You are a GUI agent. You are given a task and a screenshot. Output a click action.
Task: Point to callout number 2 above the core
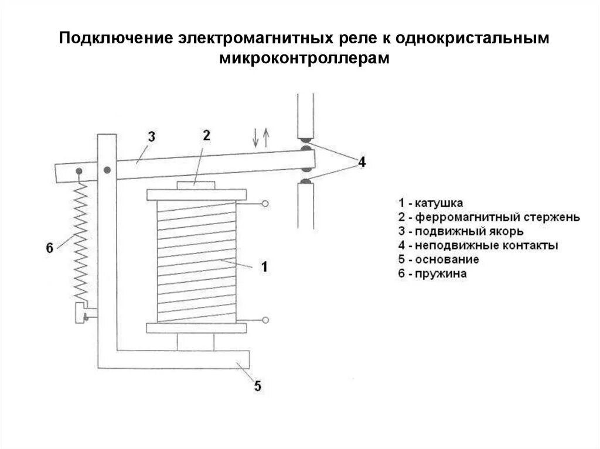tap(206, 135)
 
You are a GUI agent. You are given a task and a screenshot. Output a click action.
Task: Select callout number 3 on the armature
tap(151, 137)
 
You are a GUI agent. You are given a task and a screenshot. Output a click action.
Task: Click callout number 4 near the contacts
tap(362, 162)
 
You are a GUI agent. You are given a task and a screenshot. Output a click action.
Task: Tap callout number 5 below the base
tap(257, 386)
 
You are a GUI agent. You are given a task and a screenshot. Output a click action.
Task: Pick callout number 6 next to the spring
tap(49, 248)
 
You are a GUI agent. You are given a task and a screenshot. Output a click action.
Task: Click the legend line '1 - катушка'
tap(431, 203)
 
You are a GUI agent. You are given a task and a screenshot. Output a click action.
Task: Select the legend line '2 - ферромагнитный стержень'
tap(489, 217)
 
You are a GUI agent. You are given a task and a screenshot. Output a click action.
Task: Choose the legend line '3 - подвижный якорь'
tap(461, 231)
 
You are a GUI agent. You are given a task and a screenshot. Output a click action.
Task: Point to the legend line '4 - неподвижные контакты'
tap(478, 245)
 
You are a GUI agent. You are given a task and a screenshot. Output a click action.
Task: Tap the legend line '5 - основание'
tap(438, 259)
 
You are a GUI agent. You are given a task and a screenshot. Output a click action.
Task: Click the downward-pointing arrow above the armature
tap(255, 137)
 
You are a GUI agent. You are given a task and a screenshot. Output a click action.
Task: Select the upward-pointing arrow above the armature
tap(266, 137)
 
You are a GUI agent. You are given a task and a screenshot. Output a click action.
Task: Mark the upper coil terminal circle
tap(265, 204)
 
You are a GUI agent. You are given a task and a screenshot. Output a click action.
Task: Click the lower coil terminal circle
tap(265, 320)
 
